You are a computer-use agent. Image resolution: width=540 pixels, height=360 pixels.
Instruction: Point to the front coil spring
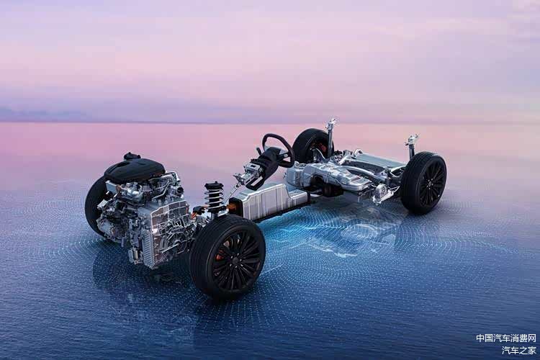point(214,196)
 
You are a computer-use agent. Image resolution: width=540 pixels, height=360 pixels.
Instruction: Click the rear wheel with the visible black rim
point(423,183)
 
